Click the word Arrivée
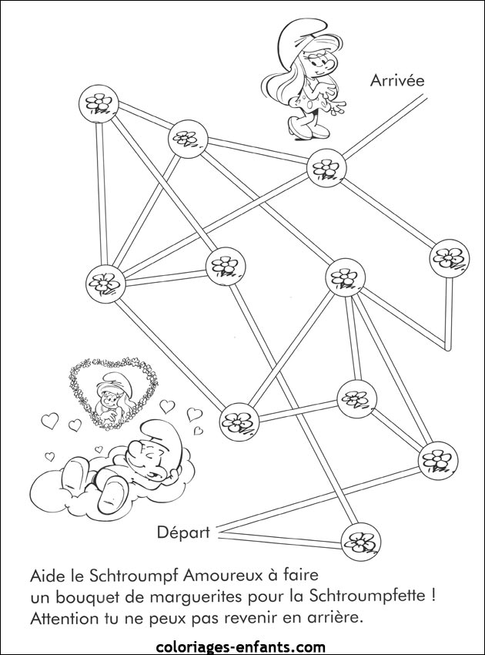click(397, 81)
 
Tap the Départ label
click(183, 533)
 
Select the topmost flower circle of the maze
click(99, 103)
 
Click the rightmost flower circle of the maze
click(450, 259)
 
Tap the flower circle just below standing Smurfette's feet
click(327, 168)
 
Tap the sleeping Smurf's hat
click(162, 438)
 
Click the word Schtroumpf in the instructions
click(131, 577)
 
